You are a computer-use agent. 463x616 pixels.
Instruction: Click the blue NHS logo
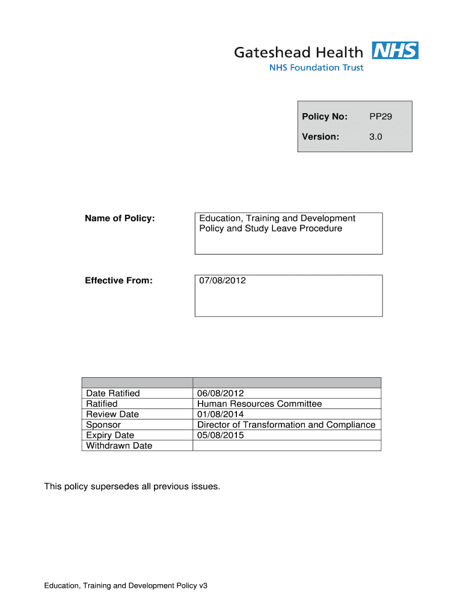point(395,51)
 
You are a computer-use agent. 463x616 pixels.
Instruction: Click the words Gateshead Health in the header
point(299,52)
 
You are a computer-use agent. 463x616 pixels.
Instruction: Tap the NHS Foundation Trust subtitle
point(316,68)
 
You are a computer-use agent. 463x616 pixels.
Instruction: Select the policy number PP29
point(381,117)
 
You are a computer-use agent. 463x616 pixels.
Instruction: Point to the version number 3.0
point(376,137)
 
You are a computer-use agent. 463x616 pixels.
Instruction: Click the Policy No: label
point(325,117)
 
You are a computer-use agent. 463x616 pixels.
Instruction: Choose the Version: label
point(320,137)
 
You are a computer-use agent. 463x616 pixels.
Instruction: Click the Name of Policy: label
point(120,218)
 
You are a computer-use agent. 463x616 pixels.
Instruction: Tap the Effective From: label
point(118,280)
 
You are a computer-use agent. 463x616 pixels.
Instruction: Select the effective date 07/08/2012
point(222,280)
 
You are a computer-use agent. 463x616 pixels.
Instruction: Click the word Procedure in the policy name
point(319,229)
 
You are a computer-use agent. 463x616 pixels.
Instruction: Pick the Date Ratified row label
point(113,393)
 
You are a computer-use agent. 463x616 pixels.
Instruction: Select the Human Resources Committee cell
point(259,404)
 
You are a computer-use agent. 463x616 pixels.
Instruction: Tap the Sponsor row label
point(103,425)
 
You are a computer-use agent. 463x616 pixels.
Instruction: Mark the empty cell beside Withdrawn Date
point(286,446)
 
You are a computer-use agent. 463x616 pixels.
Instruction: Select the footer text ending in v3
point(125,585)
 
